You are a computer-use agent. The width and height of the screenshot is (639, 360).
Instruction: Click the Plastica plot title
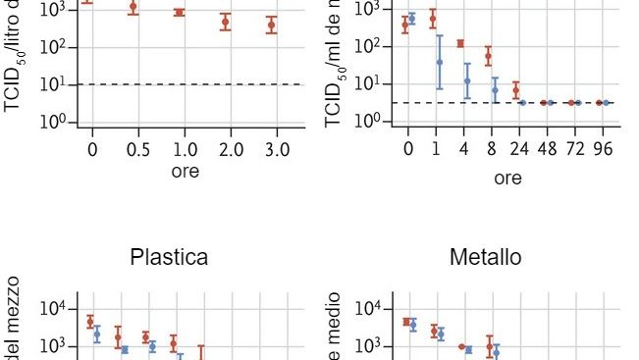pos(169,258)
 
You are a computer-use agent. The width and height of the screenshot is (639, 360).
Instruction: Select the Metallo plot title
pos(485,258)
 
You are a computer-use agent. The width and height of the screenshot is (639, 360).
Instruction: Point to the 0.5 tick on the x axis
pos(138,149)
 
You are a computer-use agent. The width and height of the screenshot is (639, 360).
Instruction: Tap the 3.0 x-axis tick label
pos(277,149)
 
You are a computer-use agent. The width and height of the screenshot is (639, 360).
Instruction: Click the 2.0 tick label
pos(231,149)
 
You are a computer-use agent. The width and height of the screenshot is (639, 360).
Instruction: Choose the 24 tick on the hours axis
pos(519,149)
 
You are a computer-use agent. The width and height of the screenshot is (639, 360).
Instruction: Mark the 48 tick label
pos(547,149)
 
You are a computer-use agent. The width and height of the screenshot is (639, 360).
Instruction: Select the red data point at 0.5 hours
pos(133,7)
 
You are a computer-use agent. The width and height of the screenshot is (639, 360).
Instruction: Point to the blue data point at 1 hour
pos(440,62)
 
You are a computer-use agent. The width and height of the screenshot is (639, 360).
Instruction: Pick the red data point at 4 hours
pos(460,43)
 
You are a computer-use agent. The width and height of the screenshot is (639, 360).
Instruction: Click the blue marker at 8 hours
pos(495,90)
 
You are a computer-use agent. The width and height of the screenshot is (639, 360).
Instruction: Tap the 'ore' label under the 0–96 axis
pos(507,179)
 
